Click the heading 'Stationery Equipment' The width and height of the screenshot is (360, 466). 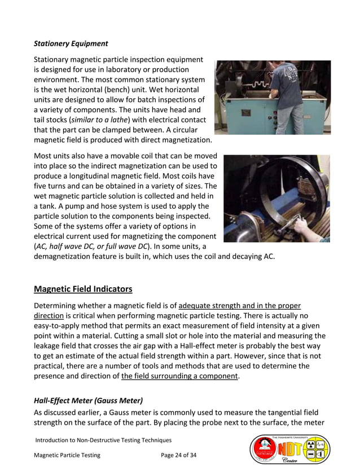coord(71,43)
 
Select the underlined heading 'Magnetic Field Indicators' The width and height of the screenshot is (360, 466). coord(83,289)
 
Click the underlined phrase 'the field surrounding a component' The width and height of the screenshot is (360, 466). coord(179,376)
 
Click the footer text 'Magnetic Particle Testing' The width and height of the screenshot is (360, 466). coord(67,455)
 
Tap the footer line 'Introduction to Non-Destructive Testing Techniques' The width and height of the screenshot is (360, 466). coord(103,440)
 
